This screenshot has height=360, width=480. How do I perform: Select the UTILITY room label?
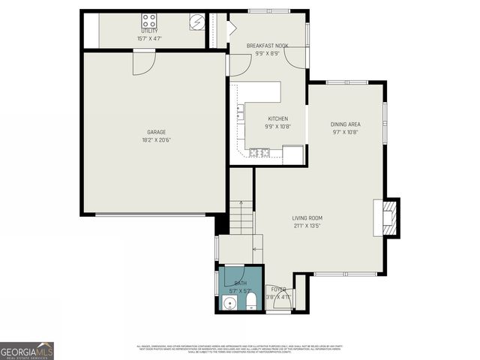coord(150,31)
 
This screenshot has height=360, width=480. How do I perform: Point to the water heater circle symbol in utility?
coord(196,22)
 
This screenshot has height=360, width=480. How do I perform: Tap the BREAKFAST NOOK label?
coord(268,46)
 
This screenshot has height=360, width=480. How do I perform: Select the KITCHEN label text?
coord(277,118)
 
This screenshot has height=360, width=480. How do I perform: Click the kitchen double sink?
coord(240,113)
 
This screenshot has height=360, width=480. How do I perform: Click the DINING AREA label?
coord(345,124)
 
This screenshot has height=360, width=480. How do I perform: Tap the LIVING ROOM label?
coord(307,218)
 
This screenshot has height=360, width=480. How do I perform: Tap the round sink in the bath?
coord(230,304)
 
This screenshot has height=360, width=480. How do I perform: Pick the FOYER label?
coord(279,289)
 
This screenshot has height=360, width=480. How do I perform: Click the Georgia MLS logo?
coord(27,350)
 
